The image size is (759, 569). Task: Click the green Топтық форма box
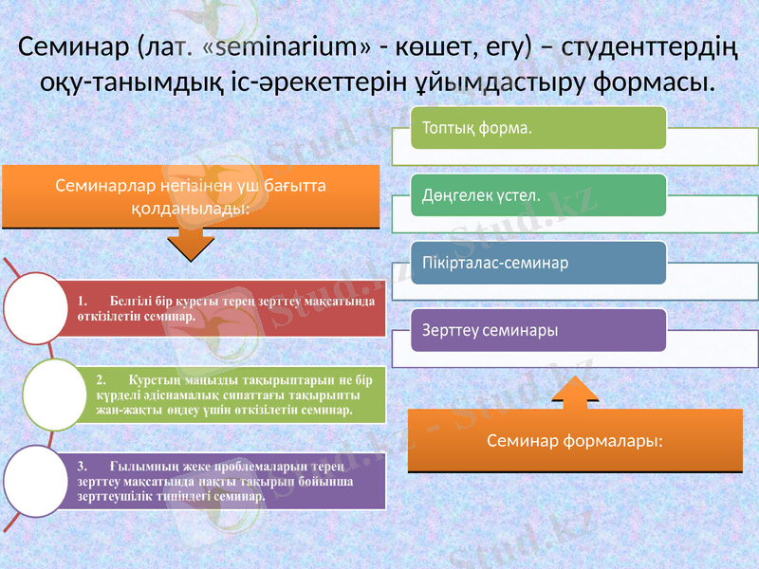(538, 127)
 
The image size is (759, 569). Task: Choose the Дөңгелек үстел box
(538, 195)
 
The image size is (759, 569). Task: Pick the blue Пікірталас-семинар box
(538, 263)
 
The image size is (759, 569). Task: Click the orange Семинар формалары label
(574, 440)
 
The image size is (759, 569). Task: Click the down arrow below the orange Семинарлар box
(190, 245)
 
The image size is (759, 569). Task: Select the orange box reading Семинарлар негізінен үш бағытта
(190, 197)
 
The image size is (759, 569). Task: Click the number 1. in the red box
(84, 301)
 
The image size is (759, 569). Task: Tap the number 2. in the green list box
(102, 378)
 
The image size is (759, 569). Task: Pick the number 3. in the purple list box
(83, 466)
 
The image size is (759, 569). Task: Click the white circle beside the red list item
(37, 308)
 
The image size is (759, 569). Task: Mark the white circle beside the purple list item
(37, 481)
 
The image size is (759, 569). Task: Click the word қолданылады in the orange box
(190, 208)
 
